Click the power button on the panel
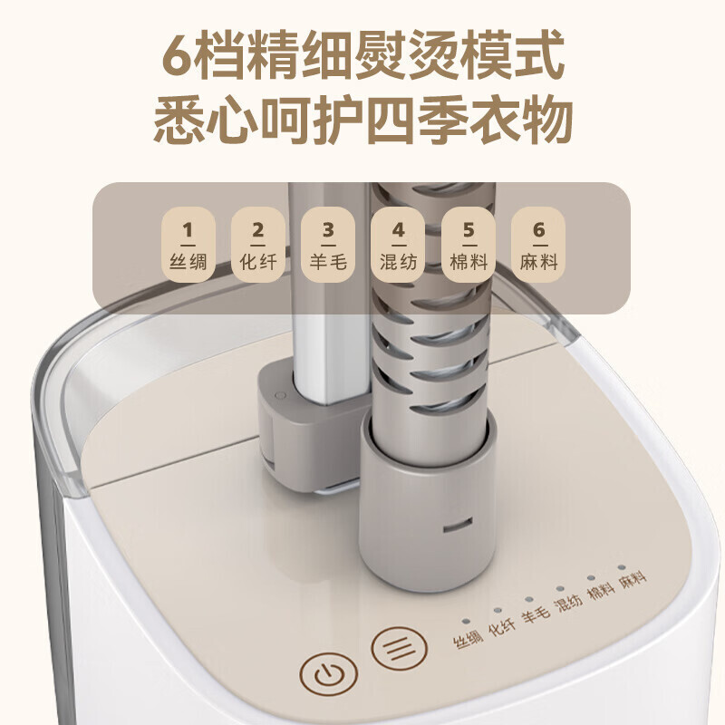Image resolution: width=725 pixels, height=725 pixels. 328,676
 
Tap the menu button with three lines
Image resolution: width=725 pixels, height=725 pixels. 399,647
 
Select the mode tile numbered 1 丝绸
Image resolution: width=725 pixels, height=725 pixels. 188,245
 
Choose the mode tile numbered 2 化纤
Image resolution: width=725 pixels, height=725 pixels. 258,245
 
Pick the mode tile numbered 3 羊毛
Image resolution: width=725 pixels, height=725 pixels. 328,245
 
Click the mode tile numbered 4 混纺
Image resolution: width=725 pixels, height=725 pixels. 398,245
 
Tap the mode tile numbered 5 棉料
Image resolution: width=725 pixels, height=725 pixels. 469,245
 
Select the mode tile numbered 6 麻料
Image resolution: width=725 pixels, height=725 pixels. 538,245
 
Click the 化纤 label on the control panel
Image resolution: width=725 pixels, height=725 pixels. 502,626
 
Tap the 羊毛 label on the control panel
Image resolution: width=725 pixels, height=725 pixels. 536,614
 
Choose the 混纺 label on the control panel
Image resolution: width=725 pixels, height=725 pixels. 568,602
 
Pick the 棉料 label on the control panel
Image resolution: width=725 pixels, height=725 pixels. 601,591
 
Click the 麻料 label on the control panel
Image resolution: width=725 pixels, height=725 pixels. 633,579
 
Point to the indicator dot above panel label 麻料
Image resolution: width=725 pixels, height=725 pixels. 622,567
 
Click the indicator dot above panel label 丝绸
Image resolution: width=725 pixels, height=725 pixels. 466,622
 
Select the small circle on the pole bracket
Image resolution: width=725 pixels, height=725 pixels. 280,395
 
